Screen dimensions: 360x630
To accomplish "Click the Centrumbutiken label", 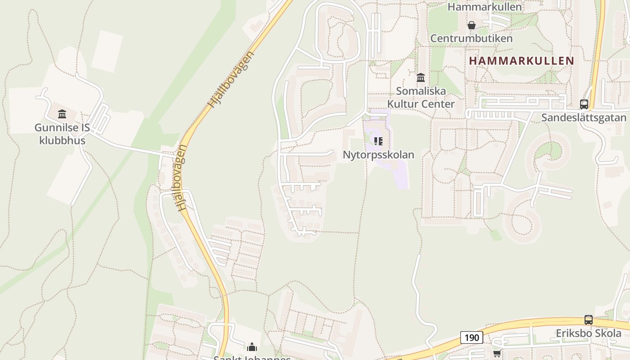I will coord(471,38).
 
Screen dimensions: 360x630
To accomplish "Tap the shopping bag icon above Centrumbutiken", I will coord(471,25).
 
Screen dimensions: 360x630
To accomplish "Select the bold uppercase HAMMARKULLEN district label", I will coord(522,61).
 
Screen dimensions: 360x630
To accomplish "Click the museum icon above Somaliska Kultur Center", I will coord(421,78).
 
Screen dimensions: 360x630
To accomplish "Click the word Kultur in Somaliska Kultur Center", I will coord(403,104).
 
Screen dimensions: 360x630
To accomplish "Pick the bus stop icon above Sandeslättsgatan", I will coord(584,104).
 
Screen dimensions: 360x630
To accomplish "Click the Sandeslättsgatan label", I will coord(584,118).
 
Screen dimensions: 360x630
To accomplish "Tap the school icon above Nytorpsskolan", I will coord(378,141).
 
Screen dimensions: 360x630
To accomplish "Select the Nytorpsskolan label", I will coord(378,155).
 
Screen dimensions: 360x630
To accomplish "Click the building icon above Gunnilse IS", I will coord(62,114).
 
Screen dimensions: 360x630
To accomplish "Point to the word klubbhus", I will coord(62,140).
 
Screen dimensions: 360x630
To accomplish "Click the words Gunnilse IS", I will coord(62,128).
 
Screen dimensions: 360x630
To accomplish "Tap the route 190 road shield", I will coord(471,337).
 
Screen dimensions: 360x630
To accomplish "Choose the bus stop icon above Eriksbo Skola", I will coord(588,320).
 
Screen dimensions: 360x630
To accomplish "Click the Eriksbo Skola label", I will coord(588,333).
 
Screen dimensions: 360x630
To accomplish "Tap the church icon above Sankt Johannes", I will coord(252,347).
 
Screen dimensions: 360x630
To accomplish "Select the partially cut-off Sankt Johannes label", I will coord(252,358).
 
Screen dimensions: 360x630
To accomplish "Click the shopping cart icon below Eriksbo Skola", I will coord(497,354).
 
